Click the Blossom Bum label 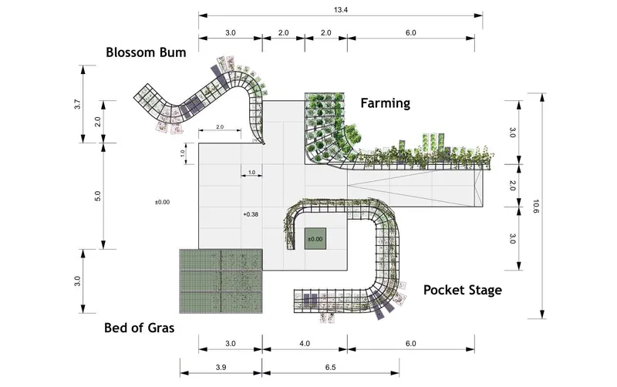pyautogui.click(x=146, y=52)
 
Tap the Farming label pyautogui.click(x=385, y=103)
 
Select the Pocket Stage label pyautogui.click(x=462, y=290)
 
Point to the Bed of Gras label pyautogui.click(x=139, y=328)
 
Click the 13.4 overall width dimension pyautogui.click(x=341, y=10)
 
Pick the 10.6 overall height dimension pyautogui.click(x=535, y=207)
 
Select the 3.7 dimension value pyautogui.click(x=78, y=104)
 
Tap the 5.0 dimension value pyautogui.click(x=98, y=196)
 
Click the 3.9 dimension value pyautogui.click(x=221, y=367)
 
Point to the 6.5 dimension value pyautogui.click(x=331, y=367)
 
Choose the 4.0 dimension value pyautogui.click(x=305, y=343)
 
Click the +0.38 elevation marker pyautogui.click(x=251, y=214)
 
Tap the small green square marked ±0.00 pyautogui.click(x=315, y=239)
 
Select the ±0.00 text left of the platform pyautogui.click(x=162, y=202)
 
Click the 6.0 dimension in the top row pyautogui.click(x=411, y=32)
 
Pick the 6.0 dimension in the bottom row pyautogui.click(x=411, y=343)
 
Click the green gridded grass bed pyautogui.click(x=221, y=281)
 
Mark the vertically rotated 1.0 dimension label pyautogui.click(x=183, y=153)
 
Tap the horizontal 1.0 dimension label pyautogui.click(x=252, y=172)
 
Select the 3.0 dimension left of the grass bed pyautogui.click(x=78, y=281)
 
